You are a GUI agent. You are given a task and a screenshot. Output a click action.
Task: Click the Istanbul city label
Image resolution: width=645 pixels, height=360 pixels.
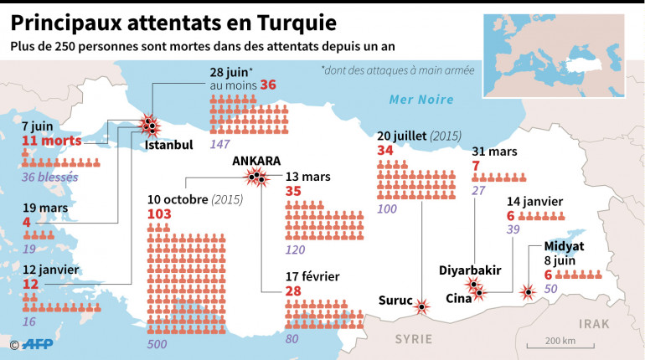[168, 145]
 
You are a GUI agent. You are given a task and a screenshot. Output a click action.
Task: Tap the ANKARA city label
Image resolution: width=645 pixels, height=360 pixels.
[256, 162]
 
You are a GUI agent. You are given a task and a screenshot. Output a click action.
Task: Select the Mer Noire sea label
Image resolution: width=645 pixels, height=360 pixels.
[421, 100]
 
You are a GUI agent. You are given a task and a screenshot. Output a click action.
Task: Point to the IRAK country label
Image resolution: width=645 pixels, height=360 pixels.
[596, 323]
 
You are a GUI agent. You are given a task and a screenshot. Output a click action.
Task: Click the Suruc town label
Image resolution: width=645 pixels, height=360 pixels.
[395, 301]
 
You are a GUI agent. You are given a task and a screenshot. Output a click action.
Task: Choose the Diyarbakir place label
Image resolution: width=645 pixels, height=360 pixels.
[470, 270]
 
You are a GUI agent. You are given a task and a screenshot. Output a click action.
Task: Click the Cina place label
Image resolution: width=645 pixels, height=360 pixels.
[458, 298]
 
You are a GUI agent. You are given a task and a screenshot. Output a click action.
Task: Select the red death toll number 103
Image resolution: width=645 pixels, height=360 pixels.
[159, 214]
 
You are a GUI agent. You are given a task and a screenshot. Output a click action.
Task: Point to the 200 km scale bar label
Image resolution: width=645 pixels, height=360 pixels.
[558, 340]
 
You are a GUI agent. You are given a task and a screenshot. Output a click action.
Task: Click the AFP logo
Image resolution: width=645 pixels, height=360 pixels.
[37, 343]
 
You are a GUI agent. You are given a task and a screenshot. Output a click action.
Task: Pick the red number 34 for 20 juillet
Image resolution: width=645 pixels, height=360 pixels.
[385, 150]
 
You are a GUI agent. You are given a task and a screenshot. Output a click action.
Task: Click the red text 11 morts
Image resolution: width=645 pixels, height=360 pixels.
[52, 141]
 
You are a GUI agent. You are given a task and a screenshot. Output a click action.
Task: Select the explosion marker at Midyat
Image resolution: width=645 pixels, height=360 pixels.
[528, 292]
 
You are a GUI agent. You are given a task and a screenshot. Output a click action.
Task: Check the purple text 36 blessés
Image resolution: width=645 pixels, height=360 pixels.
[49, 177]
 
